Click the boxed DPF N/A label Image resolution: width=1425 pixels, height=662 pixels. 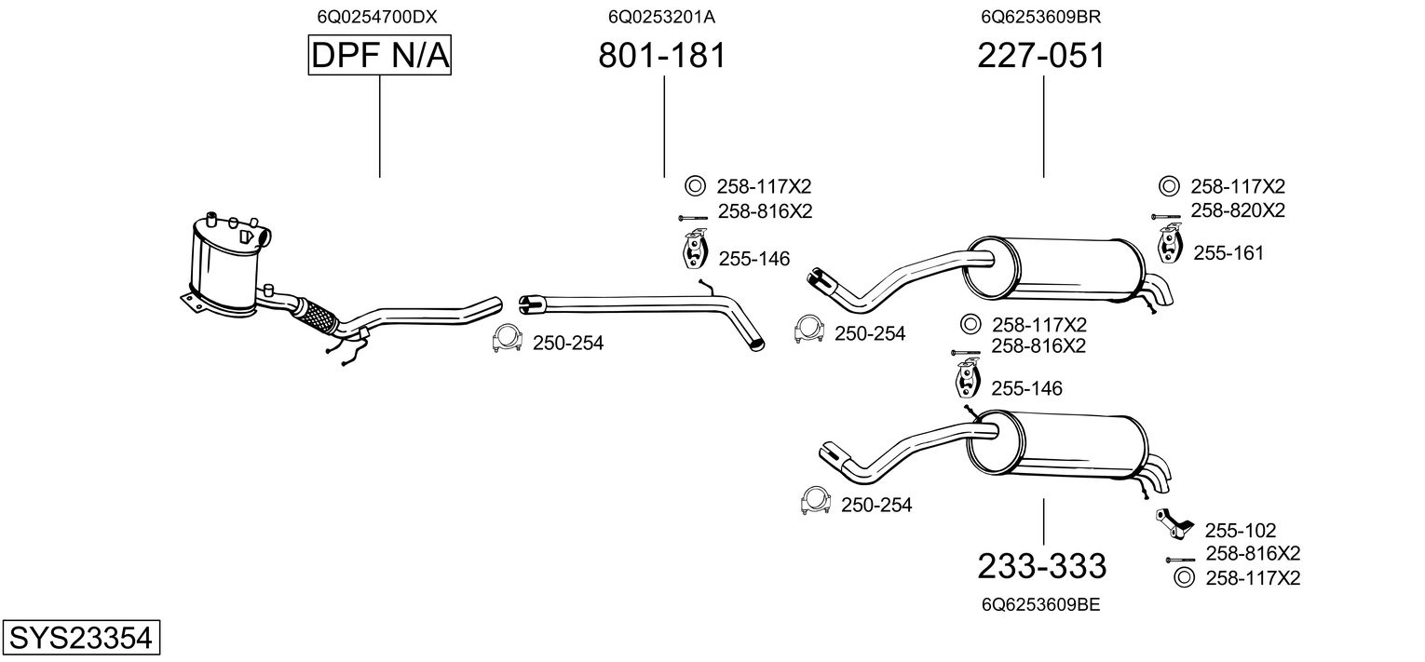[379, 57]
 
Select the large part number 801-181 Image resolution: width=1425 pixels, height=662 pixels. [661, 57]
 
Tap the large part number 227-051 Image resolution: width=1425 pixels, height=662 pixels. [1041, 57]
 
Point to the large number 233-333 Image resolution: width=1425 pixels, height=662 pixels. [1041, 565]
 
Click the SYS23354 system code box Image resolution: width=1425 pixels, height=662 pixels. [79, 638]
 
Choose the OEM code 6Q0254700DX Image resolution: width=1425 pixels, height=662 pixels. [377, 17]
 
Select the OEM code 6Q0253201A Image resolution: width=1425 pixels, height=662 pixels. [661, 17]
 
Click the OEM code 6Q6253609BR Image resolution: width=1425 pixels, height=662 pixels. [1041, 17]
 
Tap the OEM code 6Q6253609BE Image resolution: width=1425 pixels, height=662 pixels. [1040, 604]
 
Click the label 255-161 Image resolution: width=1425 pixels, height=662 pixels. [1228, 253]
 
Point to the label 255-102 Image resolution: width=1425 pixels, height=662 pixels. [1240, 530]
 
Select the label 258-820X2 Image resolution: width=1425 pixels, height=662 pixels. [1237, 211]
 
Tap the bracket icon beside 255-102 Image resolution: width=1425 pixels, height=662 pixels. [1172, 523]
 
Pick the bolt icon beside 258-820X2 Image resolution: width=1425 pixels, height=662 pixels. [1165, 216]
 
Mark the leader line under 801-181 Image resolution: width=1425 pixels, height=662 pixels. [664, 127]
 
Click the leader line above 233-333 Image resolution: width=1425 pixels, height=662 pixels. [1043, 521]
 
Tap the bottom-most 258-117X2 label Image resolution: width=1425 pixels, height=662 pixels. [1252, 578]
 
